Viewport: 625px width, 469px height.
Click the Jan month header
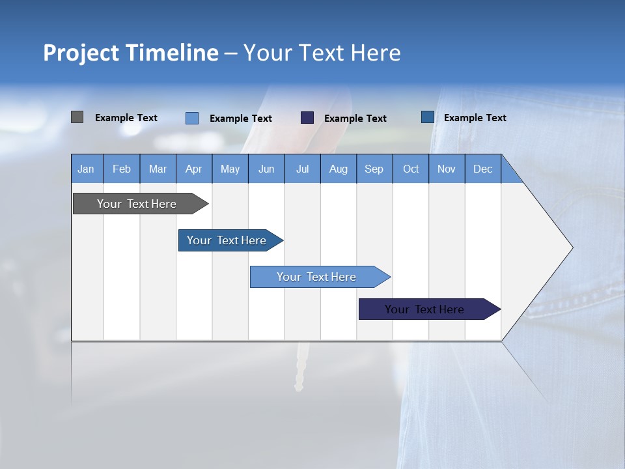tap(86, 169)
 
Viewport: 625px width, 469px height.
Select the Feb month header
tap(122, 169)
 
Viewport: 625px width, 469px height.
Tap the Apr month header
tap(193, 169)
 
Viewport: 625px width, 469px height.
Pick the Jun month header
tap(266, 169)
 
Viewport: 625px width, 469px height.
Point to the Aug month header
tap(338, 169)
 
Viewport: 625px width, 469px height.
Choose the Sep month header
tap(374, 169)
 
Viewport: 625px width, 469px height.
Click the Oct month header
tap(411, 169)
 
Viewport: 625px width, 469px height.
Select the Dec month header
tap(482, 169)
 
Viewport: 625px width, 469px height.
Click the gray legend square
tap(77, 117)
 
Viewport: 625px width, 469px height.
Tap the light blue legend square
tap(192, 118)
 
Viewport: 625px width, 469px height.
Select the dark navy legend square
tap(307, 118)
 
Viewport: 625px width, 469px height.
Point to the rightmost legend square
tap(428, 117)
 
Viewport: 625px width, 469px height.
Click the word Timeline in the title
tap(171, 53)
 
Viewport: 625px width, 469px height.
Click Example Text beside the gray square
tap(126, 118)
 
